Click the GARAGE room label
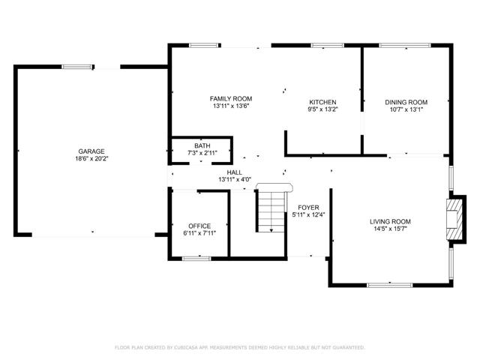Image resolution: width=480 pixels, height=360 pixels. point(91,151)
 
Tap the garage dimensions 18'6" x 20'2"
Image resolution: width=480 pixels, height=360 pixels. point(91,159)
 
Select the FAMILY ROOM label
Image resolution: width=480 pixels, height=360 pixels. point(230,98)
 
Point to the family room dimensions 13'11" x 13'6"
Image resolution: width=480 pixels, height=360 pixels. point(230,106)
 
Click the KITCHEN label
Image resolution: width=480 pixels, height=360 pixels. point(323,102)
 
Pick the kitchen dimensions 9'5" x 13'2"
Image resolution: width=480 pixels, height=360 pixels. point(323,110)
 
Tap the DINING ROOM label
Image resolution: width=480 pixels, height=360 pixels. point(406,102)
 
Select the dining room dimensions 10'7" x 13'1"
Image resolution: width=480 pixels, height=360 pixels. point(406,110)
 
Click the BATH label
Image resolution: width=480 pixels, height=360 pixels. point(202,145)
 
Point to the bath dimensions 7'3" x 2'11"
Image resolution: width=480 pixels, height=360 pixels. point(202,153)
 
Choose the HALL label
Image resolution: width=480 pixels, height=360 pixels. point(234,172)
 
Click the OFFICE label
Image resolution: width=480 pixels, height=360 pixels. point(199,226)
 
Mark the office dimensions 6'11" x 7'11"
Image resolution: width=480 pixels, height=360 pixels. point(199,234)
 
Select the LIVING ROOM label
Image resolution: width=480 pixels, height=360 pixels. point(390,221)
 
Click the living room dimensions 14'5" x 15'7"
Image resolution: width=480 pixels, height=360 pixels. point(390,229)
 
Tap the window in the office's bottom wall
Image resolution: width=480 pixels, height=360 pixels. point(196,257)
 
